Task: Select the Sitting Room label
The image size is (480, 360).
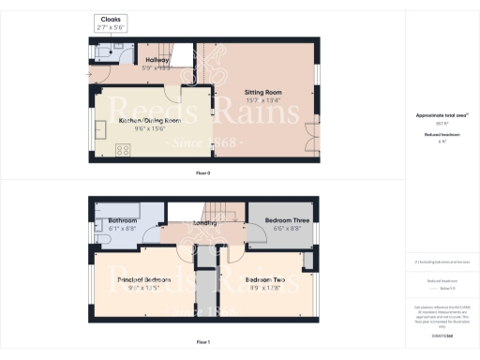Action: pos(263,93)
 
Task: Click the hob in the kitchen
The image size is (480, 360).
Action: pos(122,150)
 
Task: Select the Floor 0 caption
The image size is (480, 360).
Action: pos(202,173)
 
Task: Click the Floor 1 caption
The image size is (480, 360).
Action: pos(202,342)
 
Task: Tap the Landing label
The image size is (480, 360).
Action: pos(204,224)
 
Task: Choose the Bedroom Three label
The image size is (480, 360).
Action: pos(282,220)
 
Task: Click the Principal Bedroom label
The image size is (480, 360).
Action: pos(143,279)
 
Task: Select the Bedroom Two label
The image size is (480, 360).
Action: pos(266,279)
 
